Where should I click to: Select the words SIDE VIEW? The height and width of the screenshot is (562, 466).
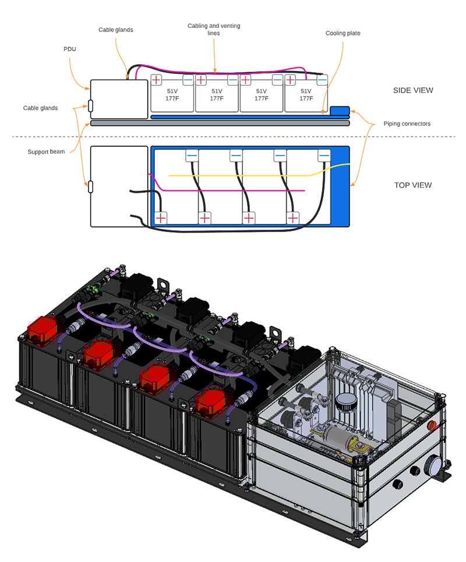click(414, 90)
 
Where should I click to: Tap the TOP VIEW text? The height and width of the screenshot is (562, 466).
click(413, 185)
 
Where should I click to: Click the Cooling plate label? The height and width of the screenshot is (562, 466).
click(343, 33)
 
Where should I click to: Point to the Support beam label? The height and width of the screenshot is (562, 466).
click(47, 152)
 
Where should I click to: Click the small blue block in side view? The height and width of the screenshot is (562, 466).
click(340, 111)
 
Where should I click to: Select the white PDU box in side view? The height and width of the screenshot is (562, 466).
click(119, 99)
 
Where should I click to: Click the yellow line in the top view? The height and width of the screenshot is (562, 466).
click(245, 174)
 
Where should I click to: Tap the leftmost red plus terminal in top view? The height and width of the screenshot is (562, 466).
click(160, 218)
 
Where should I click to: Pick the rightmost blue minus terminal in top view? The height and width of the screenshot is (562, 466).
click(324, 155)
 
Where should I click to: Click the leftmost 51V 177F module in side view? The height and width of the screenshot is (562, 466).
click(172, 95)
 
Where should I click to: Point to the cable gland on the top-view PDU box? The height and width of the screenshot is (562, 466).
click(90, 187)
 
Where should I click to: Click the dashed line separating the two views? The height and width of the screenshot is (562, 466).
click(233, 137)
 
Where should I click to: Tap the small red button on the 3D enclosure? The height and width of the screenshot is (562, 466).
click(432, 425)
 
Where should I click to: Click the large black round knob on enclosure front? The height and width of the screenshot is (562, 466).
click(433, 465)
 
